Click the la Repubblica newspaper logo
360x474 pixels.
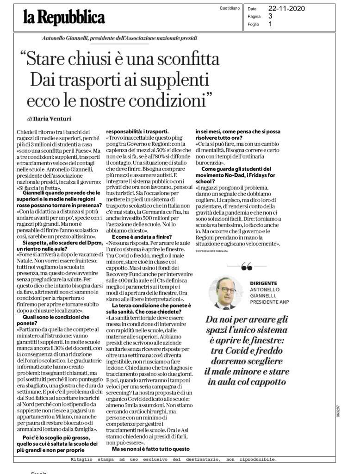coord(64,18)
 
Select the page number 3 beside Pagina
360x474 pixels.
coord(270,16)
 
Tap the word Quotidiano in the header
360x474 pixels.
coord(230,8)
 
